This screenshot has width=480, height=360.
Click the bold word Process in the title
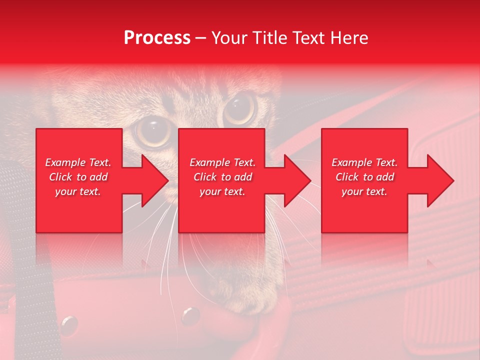tap(157, 38)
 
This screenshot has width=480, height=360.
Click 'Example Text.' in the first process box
tap(78, 162)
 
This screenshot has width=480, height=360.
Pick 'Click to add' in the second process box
tap(222, 177)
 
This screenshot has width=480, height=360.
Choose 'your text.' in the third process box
tap(364, 191)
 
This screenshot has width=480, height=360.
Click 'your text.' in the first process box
tap(78, 191)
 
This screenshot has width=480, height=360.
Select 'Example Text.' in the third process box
tap(364, 162)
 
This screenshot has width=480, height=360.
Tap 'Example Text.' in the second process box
tap(222, 162)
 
